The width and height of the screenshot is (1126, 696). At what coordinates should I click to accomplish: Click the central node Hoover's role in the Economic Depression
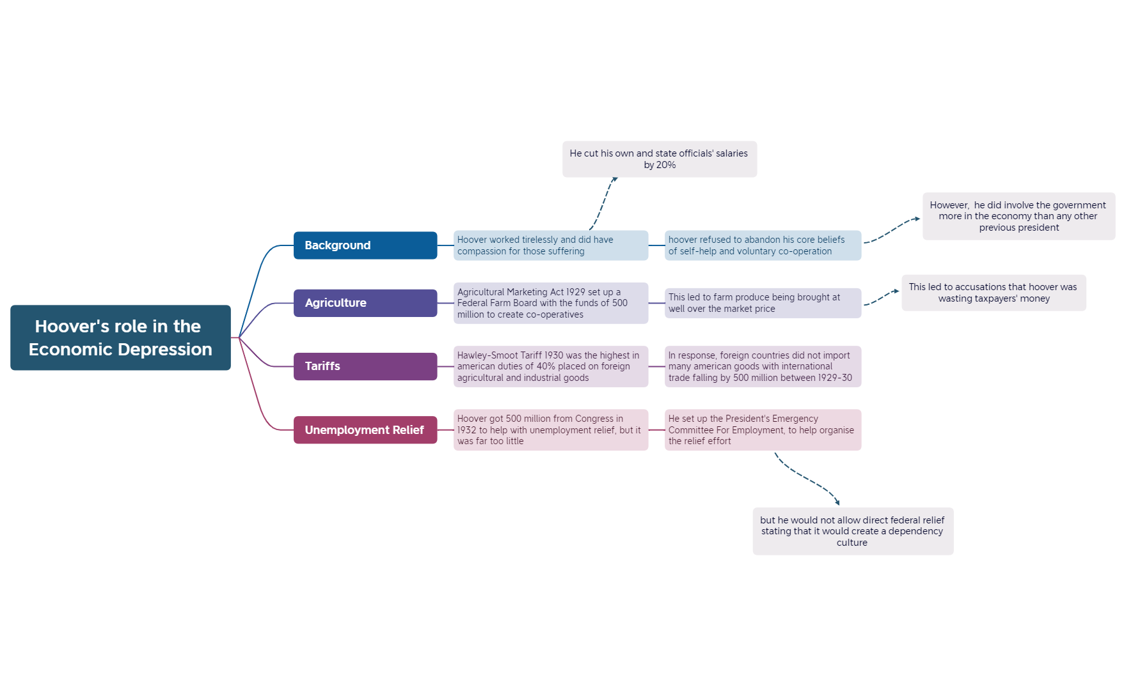click(x=120, y=337)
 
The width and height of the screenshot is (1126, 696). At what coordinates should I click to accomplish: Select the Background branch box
click(x=365, y=245)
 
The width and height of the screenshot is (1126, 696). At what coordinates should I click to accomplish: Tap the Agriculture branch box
click(x=365, y=303)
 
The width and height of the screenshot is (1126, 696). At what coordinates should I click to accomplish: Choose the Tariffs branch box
click(x=365, y=366)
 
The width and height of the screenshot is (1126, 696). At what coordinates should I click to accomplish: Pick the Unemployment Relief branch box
click(x=365, y=429)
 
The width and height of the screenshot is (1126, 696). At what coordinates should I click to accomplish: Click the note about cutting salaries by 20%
click(x=659, y=159)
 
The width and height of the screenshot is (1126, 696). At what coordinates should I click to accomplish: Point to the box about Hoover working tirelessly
click(x=550, y=245)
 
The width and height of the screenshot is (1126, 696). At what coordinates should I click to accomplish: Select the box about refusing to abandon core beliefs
click(x=763, y=245)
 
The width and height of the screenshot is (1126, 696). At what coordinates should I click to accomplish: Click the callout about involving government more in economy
click(x=1018, y=216)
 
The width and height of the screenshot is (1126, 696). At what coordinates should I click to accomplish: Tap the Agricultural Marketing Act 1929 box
click(x=550, y=303)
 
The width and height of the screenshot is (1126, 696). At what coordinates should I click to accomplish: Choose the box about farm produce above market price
click(x=763, y=303)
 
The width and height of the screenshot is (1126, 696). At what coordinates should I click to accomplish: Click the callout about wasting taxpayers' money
click(x=993, y=293)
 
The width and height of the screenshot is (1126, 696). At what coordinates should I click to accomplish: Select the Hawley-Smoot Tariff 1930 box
click(x=550, y=366)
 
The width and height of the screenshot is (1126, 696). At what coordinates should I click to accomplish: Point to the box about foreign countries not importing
click(x=763, y=366)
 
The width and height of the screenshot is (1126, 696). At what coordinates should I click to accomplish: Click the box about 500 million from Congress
click(x=550, y=429)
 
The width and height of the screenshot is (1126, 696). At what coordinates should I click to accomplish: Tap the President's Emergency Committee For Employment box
click(x=763, y=429)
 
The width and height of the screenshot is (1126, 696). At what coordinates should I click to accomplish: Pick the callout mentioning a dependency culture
click(x=852, y=531)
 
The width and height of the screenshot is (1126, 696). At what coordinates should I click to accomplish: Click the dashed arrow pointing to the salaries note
click(x=603, y=203)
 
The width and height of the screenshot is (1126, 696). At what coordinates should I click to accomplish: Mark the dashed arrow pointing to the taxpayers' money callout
click(x=882, y=298)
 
